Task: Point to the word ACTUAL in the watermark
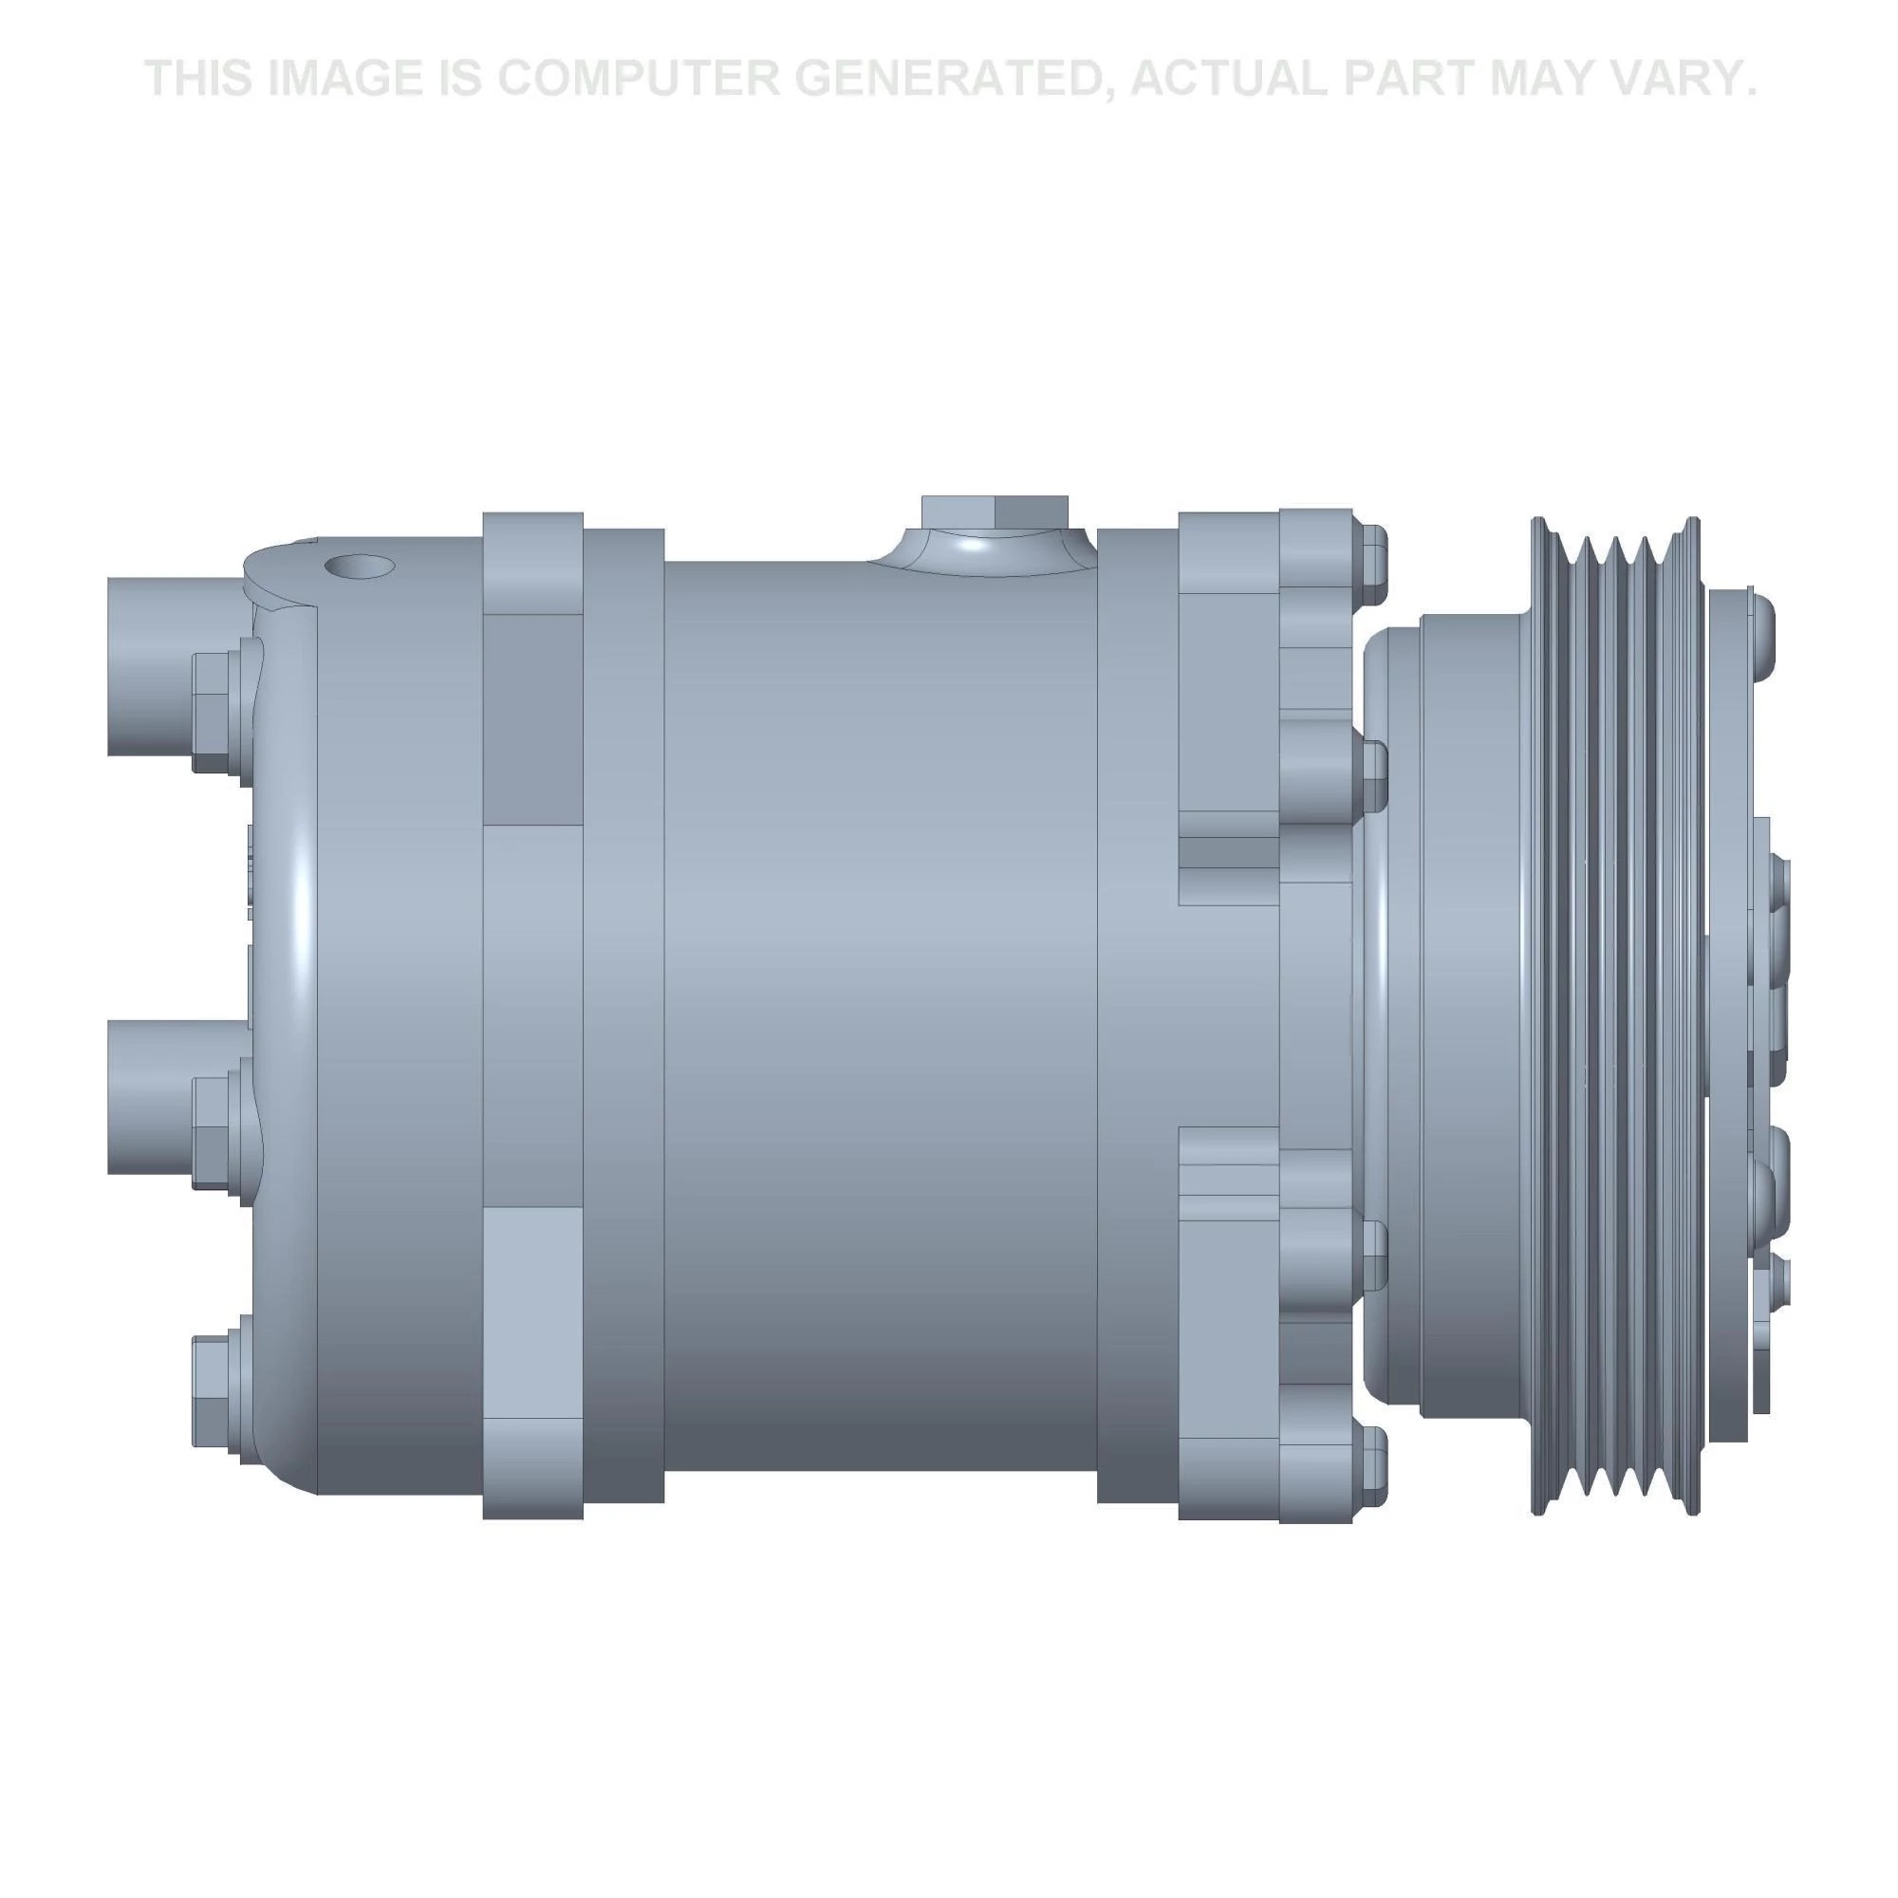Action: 1228,78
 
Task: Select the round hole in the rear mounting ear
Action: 359,566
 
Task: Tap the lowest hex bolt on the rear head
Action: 214,1386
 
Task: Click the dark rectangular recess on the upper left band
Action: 532,719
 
